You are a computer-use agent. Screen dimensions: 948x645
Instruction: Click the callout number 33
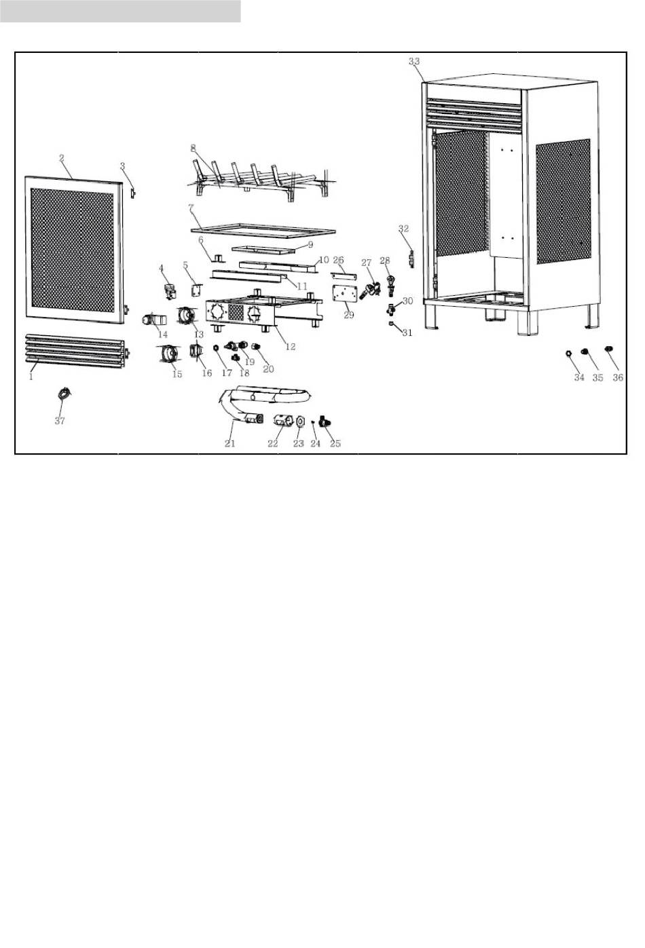coord(414,61)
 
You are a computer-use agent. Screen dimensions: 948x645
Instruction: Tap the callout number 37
coord(60,421)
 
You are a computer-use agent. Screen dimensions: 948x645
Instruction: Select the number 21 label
coord(230,444)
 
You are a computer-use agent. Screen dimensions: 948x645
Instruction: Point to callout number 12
coord(291,347)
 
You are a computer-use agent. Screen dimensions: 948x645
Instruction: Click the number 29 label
coord(349,315)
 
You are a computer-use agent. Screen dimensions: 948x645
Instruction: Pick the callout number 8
coord(193,147)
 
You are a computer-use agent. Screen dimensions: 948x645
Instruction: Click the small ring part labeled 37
coord(65,393)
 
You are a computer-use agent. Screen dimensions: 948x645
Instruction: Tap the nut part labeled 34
coord(568,353)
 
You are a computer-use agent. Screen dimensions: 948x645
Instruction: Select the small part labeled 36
coord(608,349)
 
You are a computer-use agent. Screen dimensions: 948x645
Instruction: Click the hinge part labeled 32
coord(411,259)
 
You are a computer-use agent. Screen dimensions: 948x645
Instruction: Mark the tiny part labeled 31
coord(392,324)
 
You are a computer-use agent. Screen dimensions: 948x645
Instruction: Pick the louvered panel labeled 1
coord(75,346)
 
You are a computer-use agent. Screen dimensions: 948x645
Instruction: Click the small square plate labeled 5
coord(197,289)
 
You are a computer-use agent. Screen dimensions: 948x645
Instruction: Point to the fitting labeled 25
coord(325,423)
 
